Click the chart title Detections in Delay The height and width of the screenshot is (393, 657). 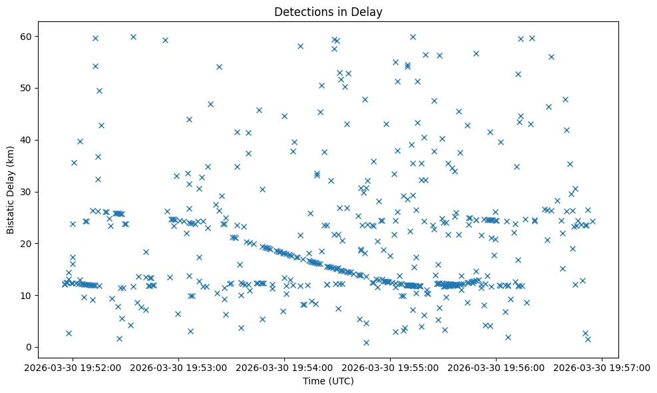328,11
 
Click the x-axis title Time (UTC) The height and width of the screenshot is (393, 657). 328,381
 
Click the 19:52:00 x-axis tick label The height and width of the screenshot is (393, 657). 73,367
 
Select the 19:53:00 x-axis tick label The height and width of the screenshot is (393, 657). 179,367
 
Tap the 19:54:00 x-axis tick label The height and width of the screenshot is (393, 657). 285,367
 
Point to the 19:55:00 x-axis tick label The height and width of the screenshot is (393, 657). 391,367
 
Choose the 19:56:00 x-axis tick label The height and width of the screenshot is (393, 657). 497,367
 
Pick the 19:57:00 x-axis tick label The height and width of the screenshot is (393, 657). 602,367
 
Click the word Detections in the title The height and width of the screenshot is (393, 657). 303,11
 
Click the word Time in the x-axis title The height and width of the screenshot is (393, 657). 314,381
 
